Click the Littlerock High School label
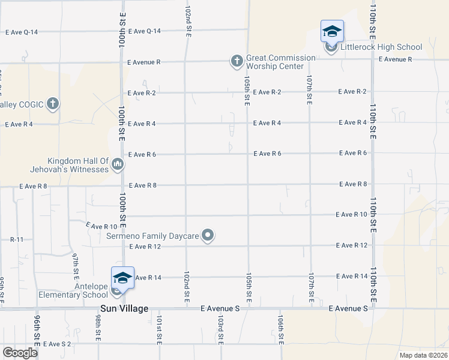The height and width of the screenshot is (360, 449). [x=381, y=47]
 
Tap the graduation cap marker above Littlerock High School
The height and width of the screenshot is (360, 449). [x=332, y=31]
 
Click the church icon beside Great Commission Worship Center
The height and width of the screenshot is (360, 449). [x=237, y=61]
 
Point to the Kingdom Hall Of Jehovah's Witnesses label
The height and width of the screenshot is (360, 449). [x=79, y=165]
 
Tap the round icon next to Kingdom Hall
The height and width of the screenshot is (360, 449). [x=118, y=164]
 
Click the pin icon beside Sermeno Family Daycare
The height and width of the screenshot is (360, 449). [x=208, y=235]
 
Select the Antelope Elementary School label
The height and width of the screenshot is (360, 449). [x=73, y=290]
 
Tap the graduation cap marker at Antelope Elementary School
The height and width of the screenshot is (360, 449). [x=122, y=278]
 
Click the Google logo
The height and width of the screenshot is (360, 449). [x=20, y=353]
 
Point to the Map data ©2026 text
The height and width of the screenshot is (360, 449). [x=423, y=355]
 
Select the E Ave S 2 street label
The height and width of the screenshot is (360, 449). [x=56, y=344]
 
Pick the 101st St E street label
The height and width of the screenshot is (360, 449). [x=160, y=329]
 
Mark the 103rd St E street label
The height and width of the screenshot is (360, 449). [x=220, y=329]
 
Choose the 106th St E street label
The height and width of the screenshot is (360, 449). [x=280, y=329]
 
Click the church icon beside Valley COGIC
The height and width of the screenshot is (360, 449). [x=53, y=104]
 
